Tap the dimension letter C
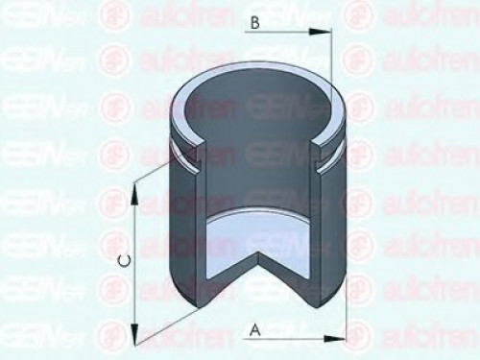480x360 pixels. click(x=123, y=260)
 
